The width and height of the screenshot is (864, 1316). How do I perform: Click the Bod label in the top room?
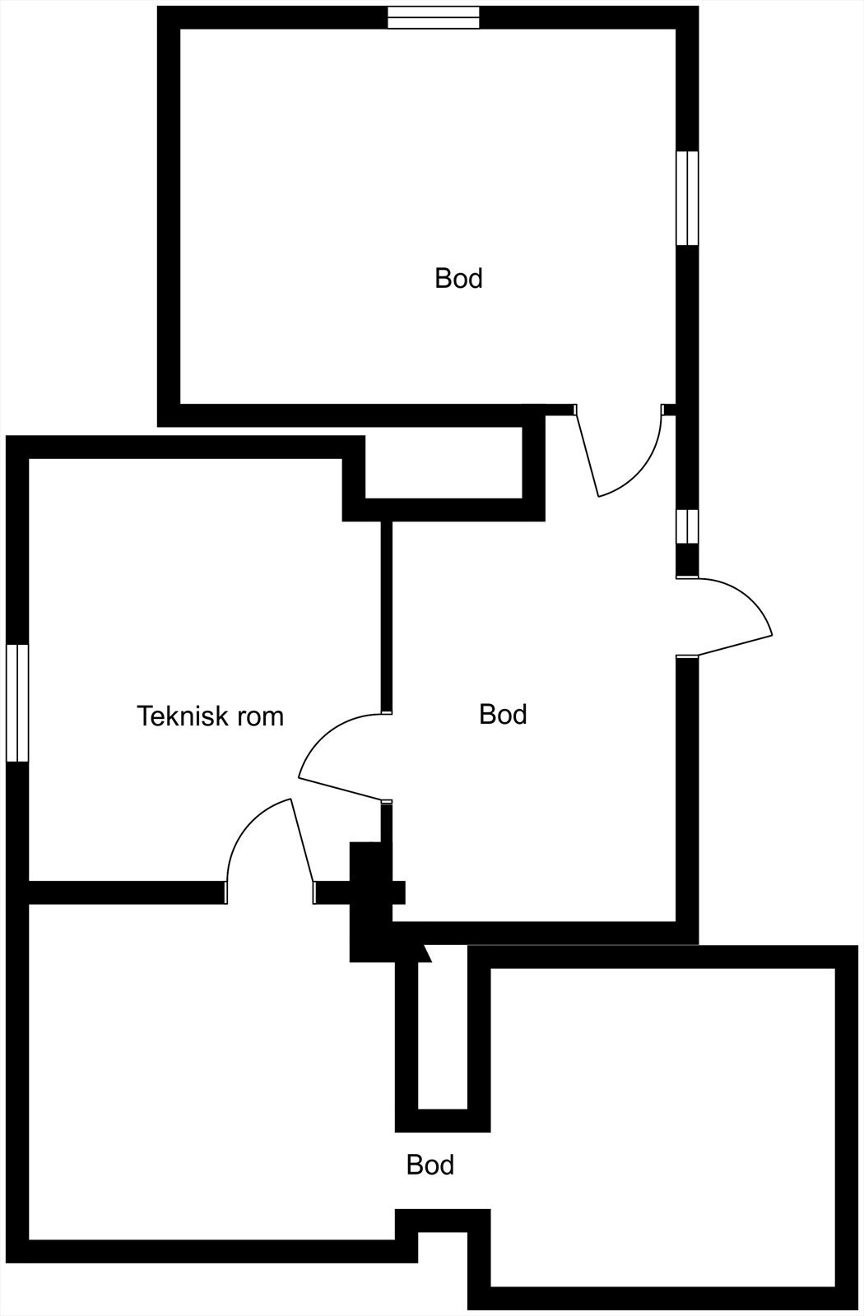[458, 278]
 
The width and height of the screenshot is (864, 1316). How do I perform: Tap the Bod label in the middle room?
[503, 714]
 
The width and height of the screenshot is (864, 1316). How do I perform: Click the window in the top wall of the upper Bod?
[434, 17]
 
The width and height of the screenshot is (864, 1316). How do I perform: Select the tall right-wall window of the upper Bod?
[687, 197]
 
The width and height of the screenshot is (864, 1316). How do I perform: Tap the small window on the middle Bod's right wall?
[687, 526]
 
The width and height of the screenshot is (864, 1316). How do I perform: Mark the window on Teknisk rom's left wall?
[17, 703]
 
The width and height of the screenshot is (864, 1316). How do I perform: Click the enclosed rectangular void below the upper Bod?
[444, 462]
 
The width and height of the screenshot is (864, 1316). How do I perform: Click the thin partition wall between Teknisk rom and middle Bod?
[386, 617]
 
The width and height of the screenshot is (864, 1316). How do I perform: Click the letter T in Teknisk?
[145, 716]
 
